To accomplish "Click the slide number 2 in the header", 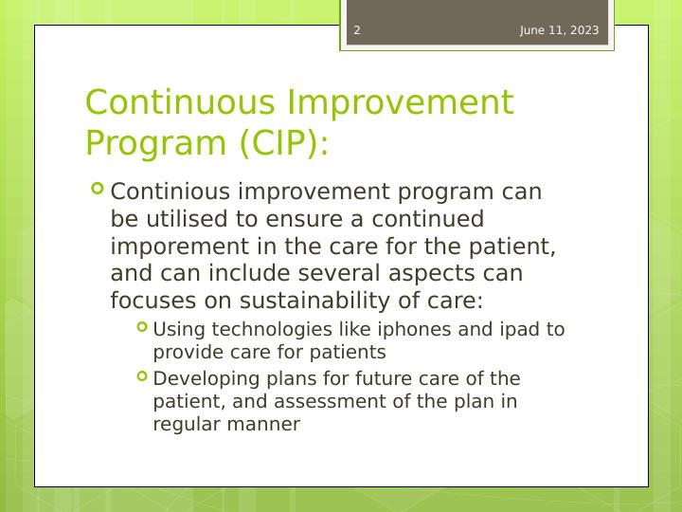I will pos(357,30).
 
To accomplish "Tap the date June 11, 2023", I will pos(559,30).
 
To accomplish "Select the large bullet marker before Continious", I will pos(98,190).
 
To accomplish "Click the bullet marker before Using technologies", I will pos(142,327).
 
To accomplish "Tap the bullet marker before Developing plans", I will pos(142,376).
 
